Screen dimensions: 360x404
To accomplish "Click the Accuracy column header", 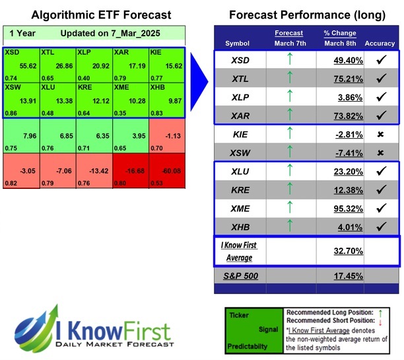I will click(379, 44).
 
